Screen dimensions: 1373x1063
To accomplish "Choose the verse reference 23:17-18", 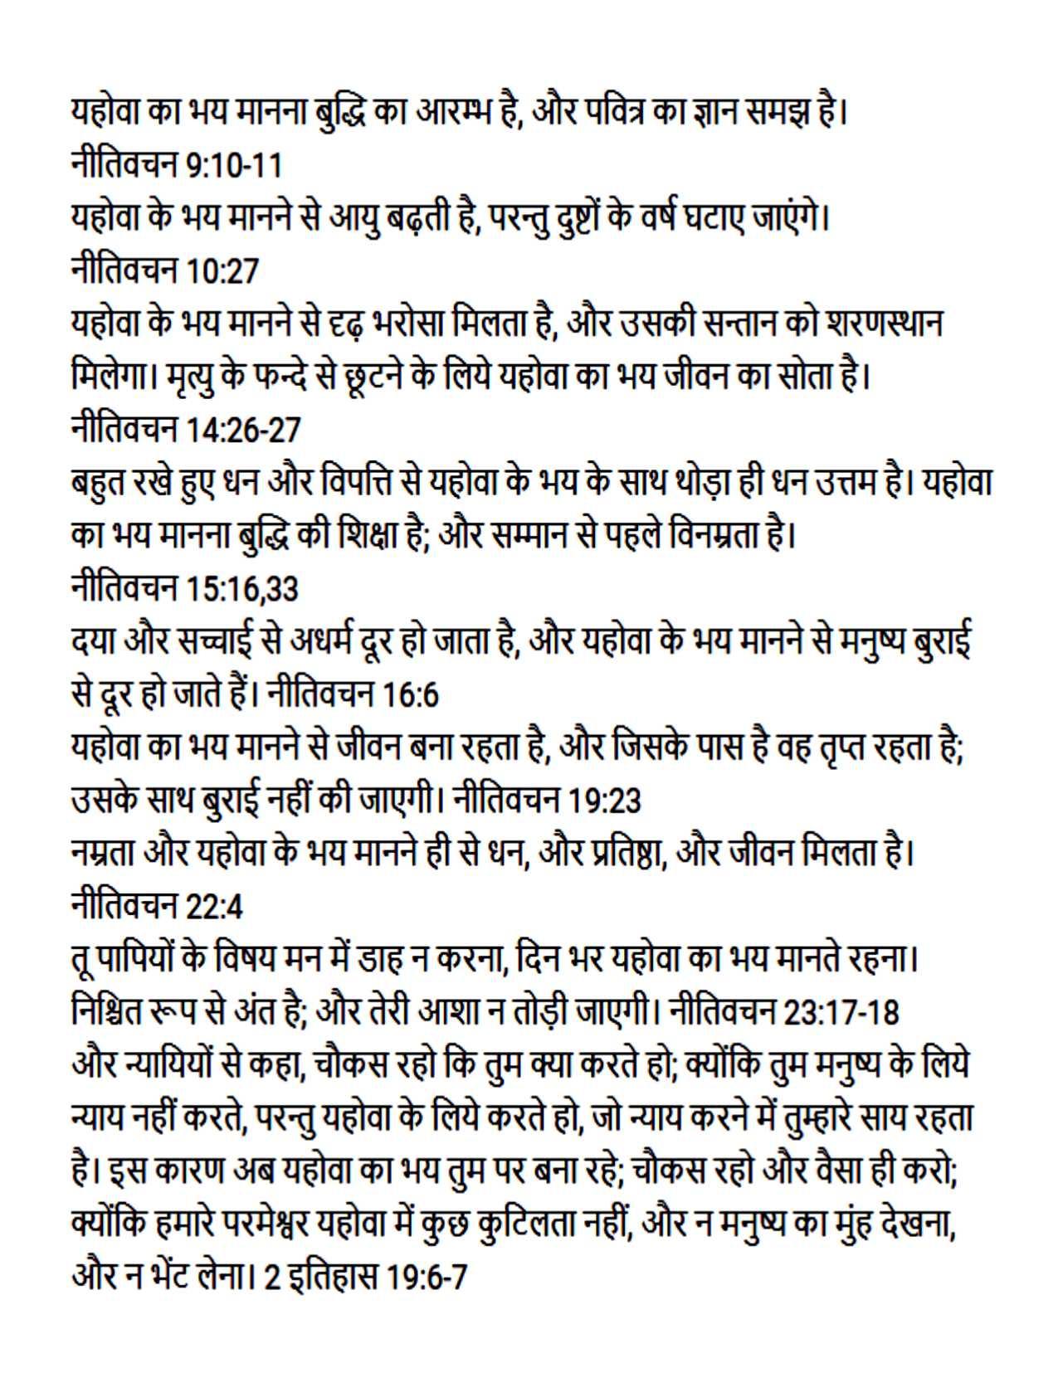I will pos(841,1013).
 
